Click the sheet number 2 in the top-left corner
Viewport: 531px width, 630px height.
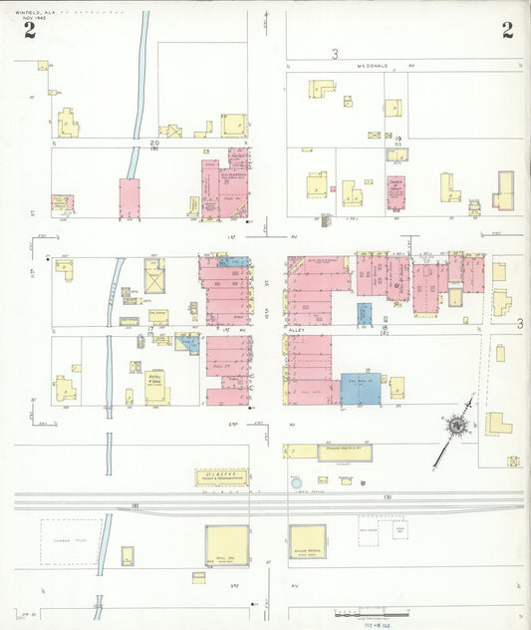(x=31, y=31)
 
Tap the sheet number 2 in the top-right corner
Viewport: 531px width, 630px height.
(x=507, y=30)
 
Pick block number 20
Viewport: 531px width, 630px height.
(x=154, y=143)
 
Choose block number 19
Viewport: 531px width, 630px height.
(x=398, y=139)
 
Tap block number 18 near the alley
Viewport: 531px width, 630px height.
(x=382, y=327)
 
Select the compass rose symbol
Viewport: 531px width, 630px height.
(x=456, y=427)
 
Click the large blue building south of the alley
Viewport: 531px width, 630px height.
(x=361, y=389)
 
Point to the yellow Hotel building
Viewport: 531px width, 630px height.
(x=157, y=387)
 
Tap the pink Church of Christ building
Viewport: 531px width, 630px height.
(x=398, y=193)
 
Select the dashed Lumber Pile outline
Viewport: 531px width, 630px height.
(x=71, y=542)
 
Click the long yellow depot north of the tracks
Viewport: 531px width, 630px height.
(x=332, y=452)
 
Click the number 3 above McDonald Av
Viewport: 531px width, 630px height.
(x=336, y=53)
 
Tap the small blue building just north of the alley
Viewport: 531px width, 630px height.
(x=365, y=313)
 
